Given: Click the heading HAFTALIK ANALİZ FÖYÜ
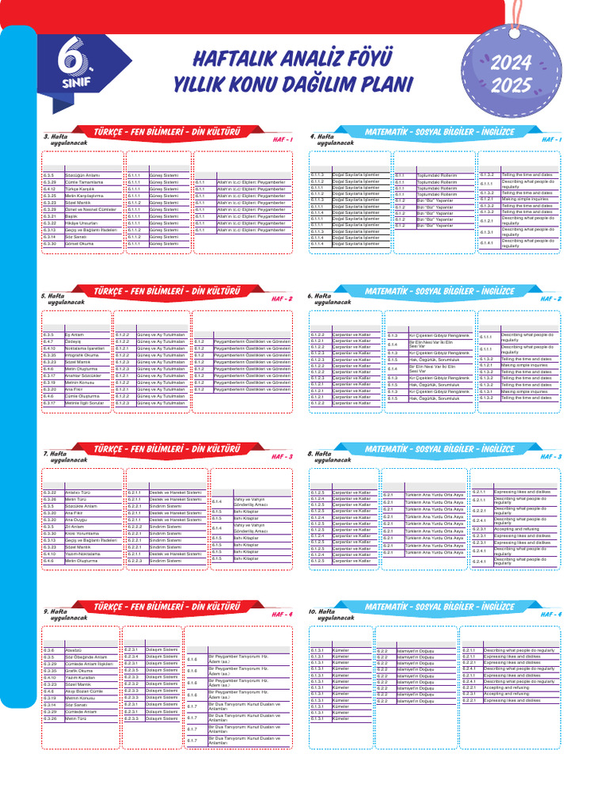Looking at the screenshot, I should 293,58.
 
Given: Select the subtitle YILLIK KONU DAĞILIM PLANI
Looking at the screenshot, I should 293,84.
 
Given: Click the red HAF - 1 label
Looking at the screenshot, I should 282,140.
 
